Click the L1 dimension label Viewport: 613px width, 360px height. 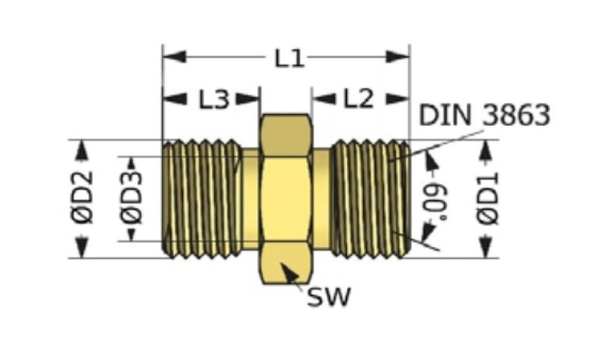click(289, 59)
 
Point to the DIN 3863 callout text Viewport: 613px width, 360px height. click(484, 115)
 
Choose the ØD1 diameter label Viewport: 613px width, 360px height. click(488, 199)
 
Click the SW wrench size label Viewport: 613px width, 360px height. click(329, 297)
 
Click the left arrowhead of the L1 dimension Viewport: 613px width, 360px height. click(174, 57)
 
